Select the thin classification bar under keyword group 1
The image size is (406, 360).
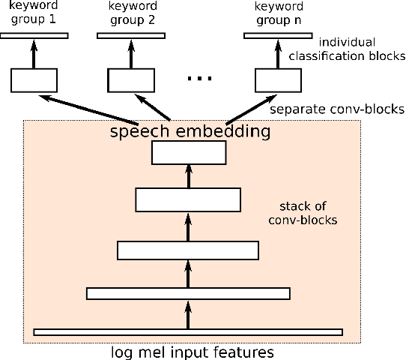tap(34, 35)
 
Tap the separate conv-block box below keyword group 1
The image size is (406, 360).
tap(34, 79)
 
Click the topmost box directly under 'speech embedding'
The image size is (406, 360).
tap(188, 152)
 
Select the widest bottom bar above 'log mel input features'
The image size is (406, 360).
tap(188, 331)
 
